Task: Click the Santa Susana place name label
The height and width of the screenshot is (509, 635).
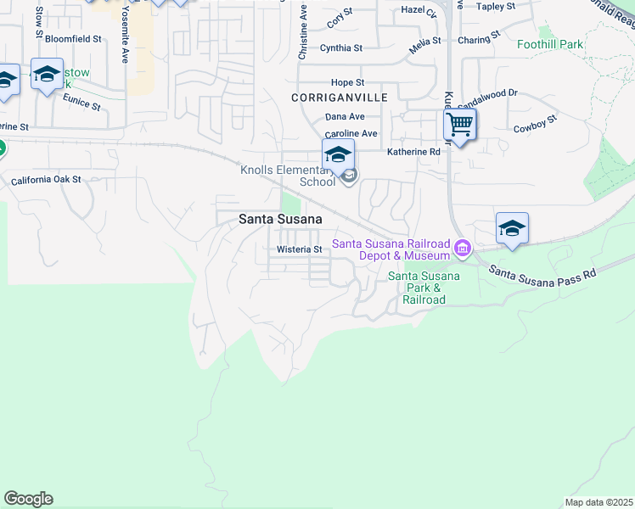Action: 279,218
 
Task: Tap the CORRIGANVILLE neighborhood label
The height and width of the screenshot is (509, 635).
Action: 340,98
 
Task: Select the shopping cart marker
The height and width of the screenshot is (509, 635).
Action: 459,126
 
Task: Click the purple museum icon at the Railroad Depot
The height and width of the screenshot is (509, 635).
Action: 463,249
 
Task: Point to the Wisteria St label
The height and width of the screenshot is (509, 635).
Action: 300,249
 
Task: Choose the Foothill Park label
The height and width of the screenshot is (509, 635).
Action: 549,44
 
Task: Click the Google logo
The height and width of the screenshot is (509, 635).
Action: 28,499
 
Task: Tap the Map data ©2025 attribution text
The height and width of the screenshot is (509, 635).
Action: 598,502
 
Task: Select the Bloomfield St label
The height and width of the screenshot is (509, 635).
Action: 73,39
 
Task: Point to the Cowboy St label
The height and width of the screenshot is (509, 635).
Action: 535,125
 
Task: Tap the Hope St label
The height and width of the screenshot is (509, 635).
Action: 347,82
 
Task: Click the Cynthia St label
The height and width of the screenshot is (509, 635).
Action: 341,48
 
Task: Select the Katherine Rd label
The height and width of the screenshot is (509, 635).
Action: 413,152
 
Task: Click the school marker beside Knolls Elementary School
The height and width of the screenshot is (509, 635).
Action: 338,155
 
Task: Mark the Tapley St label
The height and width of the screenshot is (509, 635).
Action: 496,7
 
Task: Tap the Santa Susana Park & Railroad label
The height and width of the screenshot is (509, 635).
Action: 424,288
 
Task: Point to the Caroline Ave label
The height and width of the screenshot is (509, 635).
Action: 351,134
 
